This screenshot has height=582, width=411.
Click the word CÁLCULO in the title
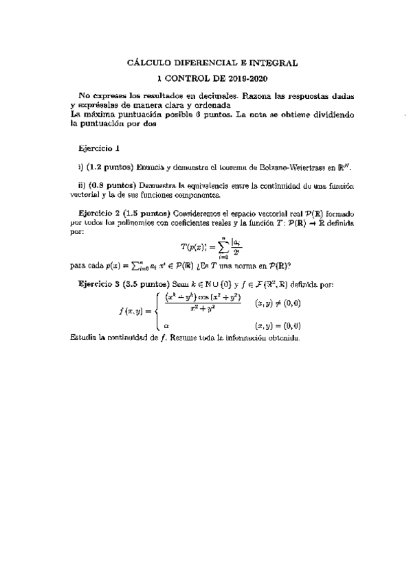tap(151, 62)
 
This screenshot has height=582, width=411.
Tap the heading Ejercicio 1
tap(100, 148)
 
